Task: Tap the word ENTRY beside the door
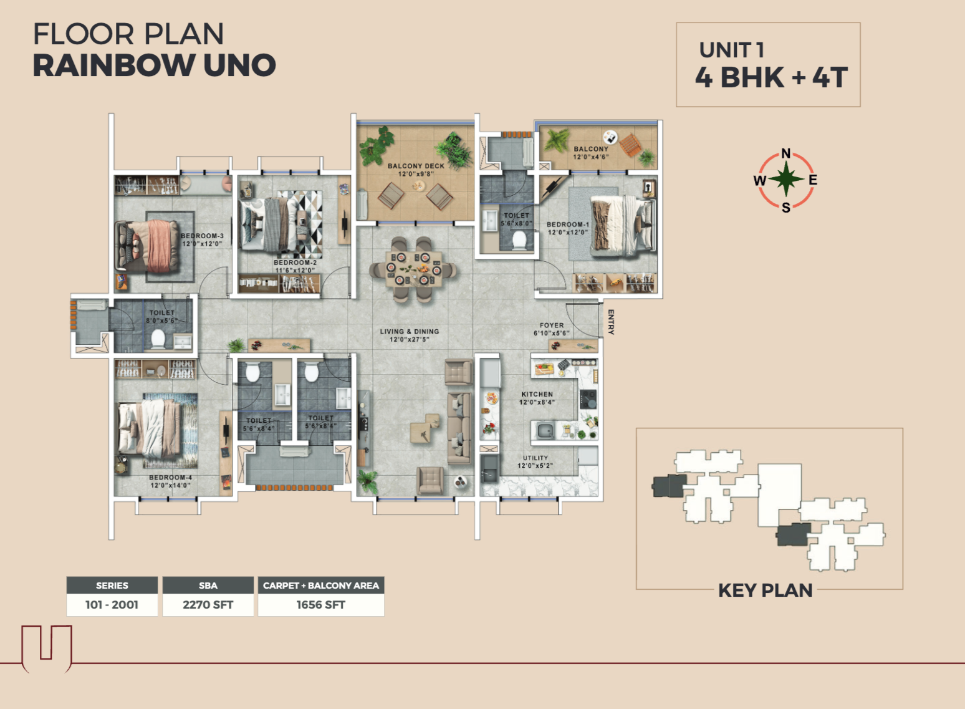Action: tap(611, 322)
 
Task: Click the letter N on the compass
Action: tap(786, 153)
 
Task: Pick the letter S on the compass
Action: tap(786, 207)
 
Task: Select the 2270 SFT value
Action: tap(208, 605)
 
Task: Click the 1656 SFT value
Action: tap(320, 605)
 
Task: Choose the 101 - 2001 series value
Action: tap(112, 605)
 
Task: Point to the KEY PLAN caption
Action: tap(765, 591)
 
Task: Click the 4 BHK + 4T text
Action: tap(771, 77)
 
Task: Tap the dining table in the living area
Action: tap(413, 269)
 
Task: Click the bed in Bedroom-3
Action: tap(147, 246)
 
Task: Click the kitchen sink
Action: tap(545, 430)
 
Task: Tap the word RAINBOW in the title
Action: tap(113, 65)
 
